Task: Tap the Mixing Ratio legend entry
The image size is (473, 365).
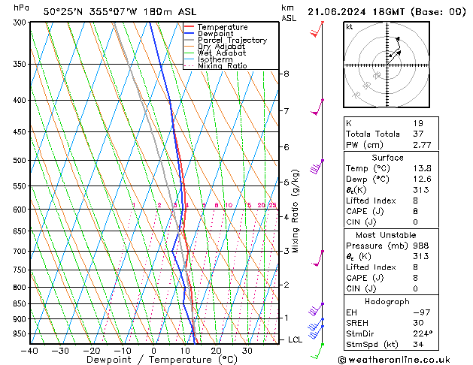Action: pyautogui.click(x=222, y=66)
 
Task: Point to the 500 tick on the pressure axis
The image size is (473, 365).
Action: pyautogui.click(x=21, y=160)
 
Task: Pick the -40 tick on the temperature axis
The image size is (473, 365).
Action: pyautogui.click(x=30, y=351)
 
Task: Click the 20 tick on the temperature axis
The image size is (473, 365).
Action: pyautogui.click(x=216, y=351)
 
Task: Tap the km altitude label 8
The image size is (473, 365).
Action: pyautogui.click(x=287, y=74)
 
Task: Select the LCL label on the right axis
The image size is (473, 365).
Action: pyautogui.click(x=296, y=339)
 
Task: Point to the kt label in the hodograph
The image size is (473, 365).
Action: pyautogui.click(x=349, y=26)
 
